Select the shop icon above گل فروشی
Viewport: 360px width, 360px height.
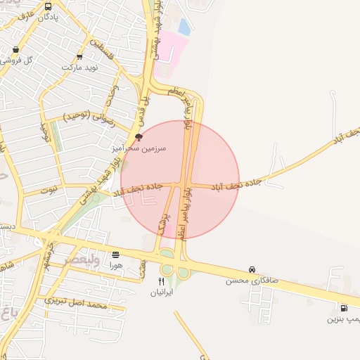coord(15,50)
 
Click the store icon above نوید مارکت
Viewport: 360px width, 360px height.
coord(79,58)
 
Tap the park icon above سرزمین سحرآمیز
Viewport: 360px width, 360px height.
coord(139,137)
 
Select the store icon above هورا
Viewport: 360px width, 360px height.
coord(116,254)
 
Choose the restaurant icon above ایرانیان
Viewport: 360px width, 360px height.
coord(162,281)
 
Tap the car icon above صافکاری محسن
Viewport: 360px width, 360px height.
coord(252,270)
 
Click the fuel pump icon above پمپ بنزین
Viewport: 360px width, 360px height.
coord(344,308)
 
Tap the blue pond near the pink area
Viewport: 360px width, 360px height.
coord(184,27)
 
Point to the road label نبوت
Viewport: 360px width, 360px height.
coord(49,190)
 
